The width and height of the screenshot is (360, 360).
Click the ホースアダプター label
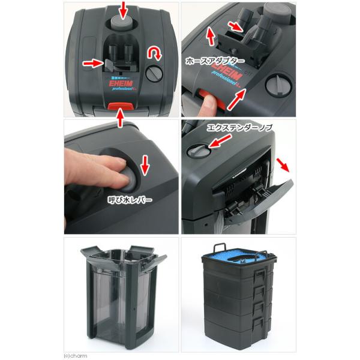[215, 61]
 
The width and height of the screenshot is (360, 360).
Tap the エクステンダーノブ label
[239, 128]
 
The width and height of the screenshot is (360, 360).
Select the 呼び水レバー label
[130, 200]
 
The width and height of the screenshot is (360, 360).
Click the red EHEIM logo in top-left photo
[121, 83]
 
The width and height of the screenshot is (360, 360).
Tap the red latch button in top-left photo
[121, 106]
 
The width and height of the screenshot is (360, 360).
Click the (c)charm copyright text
[76, 356]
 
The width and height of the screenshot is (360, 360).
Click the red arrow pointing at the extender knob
[220, 141]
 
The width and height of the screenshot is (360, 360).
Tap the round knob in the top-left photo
[154, 73]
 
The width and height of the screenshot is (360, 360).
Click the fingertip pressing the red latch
[207, 106]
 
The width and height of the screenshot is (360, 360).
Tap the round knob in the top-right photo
[279, 85]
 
